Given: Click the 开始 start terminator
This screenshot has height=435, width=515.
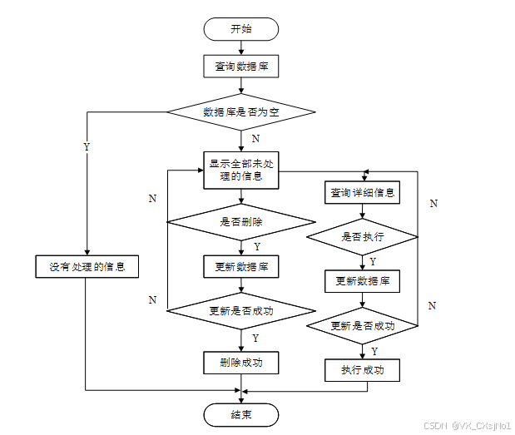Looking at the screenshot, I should tap(241, 29).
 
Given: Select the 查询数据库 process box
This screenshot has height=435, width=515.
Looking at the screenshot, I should tap(241, 66).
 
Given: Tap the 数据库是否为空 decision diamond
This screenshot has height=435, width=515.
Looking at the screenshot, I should tap(241, 111).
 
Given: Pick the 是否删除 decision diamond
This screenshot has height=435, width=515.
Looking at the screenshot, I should tap(241, 222).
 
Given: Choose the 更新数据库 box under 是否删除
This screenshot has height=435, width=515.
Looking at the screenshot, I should tap(241, 266).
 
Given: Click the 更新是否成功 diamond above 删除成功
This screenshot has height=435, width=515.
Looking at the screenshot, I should tap(241, 311).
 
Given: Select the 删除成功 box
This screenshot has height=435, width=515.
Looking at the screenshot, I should tap(241, 363).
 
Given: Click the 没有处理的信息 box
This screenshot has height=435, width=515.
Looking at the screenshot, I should tap(87, 267).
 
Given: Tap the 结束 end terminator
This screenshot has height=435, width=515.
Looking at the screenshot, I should tap(241, 414).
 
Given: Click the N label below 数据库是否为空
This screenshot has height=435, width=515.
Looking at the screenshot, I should tap(255, 138).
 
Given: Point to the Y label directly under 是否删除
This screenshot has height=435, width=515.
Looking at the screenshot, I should tap(256, 247).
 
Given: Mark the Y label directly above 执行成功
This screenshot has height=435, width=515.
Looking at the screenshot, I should tap(374, 351).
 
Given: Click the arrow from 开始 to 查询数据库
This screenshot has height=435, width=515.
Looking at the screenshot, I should tap(241, 47).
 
